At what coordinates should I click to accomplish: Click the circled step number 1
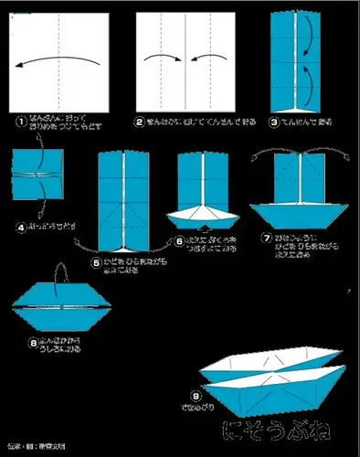(19, 120)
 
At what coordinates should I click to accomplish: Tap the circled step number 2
(140, 121)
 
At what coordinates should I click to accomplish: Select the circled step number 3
(272, 120)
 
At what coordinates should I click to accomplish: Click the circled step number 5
(96, 261)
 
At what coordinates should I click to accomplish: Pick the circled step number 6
(179, 240)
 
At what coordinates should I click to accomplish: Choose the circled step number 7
(266, 239)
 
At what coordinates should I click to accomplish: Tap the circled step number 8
(35, 343)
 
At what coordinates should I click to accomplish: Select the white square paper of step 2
(185, 60)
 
